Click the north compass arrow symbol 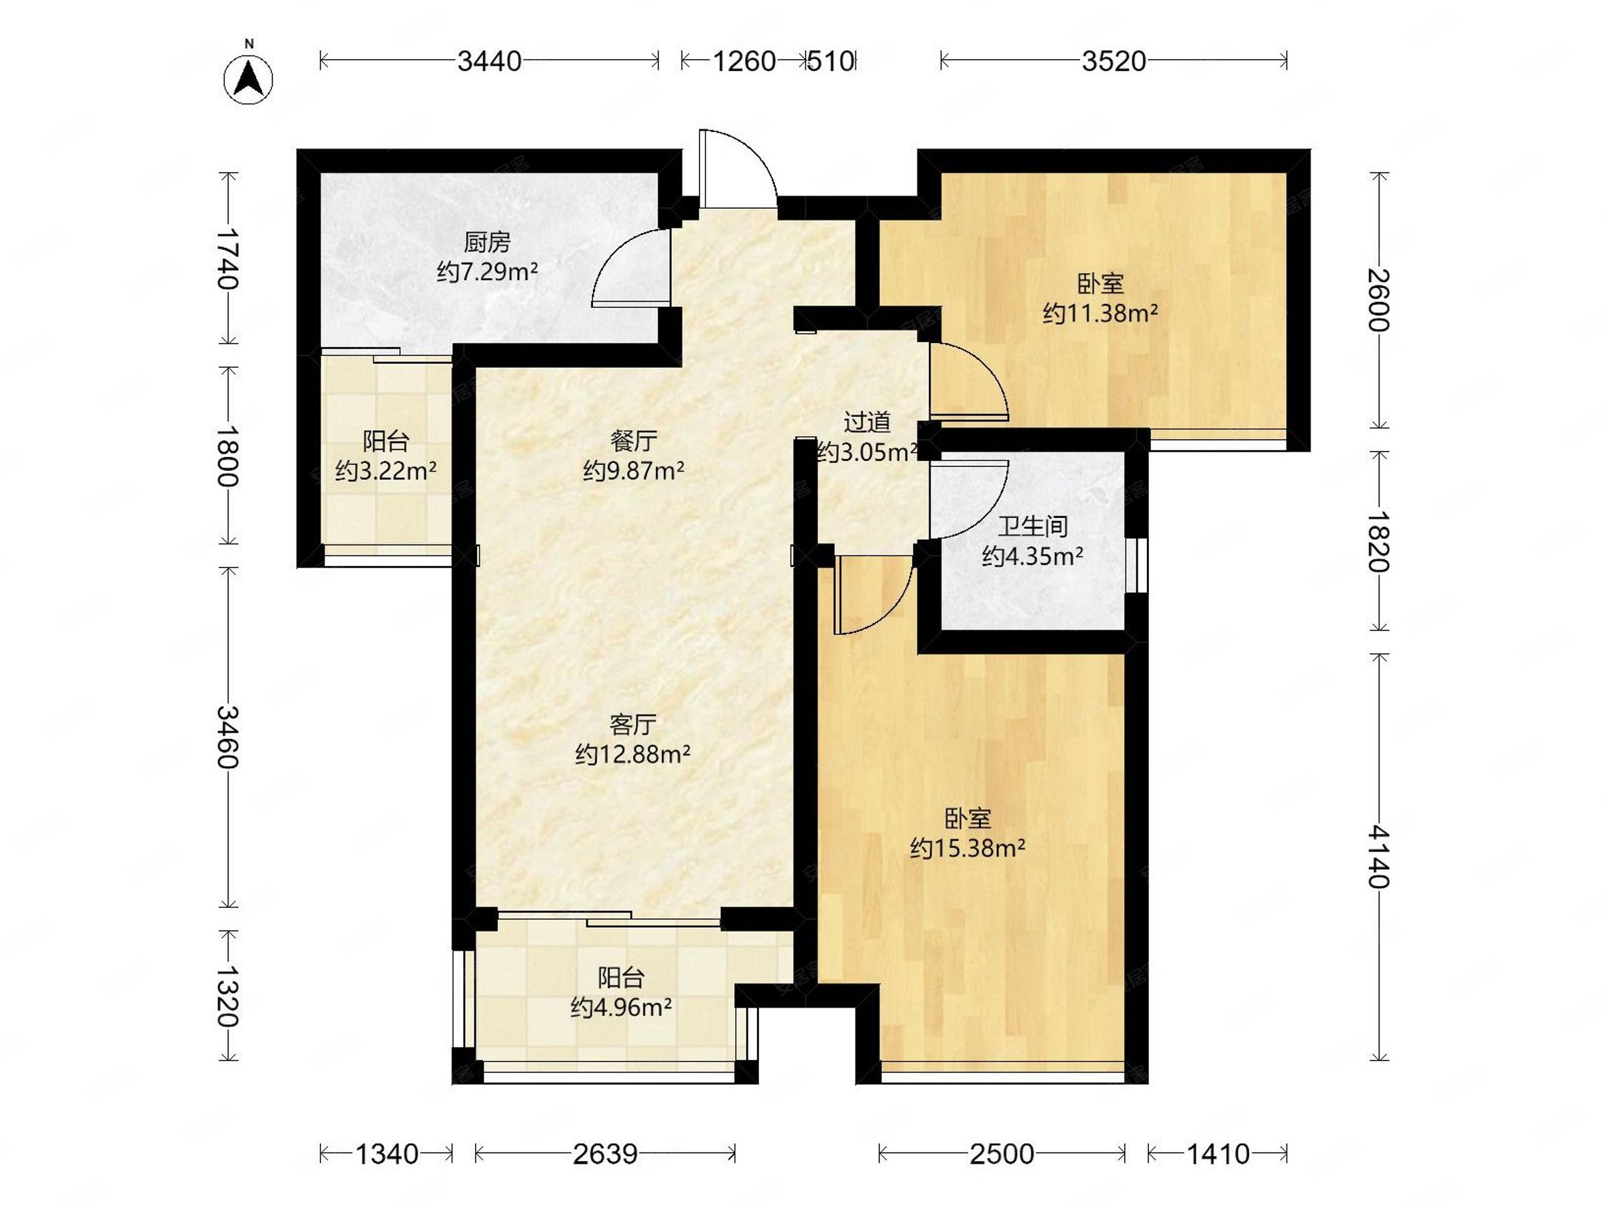point(249,78)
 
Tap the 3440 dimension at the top point(489,61)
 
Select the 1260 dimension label point(744,61)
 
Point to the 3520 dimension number point(1114,61)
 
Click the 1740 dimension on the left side point(229,258)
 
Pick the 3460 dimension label point(229,737)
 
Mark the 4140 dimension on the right point(1379,858)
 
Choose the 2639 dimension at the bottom point(605,1154)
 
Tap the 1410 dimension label point(1217,1154)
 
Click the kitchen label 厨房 point(487,242)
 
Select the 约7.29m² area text point(487,272)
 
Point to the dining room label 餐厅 point(633,441)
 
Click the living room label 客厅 point(632,724)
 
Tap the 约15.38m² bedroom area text point(967,848)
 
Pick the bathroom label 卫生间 point(1032,527)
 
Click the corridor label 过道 point(866,422)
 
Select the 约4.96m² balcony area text point(621,1008)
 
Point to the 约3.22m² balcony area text point(385,471)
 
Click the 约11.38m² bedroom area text point(1100,314)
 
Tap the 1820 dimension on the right point(1379,541)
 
